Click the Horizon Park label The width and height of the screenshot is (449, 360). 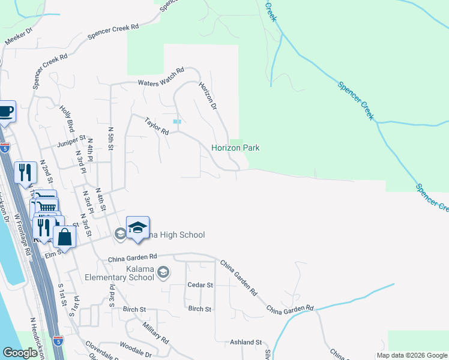pyautogui.click(x=235, y=148)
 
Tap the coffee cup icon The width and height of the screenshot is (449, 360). pyautogui.click(x=5, y=112)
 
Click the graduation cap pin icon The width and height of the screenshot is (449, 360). pyautogui.click(x=137, y=228)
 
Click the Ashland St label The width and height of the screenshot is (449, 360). pyautogui.click(x=247, y=342)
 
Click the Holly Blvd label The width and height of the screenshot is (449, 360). pyautogui.click(x=67, y=118)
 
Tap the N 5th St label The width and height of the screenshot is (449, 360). pyautogui.click(x=110, y=139)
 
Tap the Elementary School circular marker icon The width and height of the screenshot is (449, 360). pyautogui.click(x=163, y=274)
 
